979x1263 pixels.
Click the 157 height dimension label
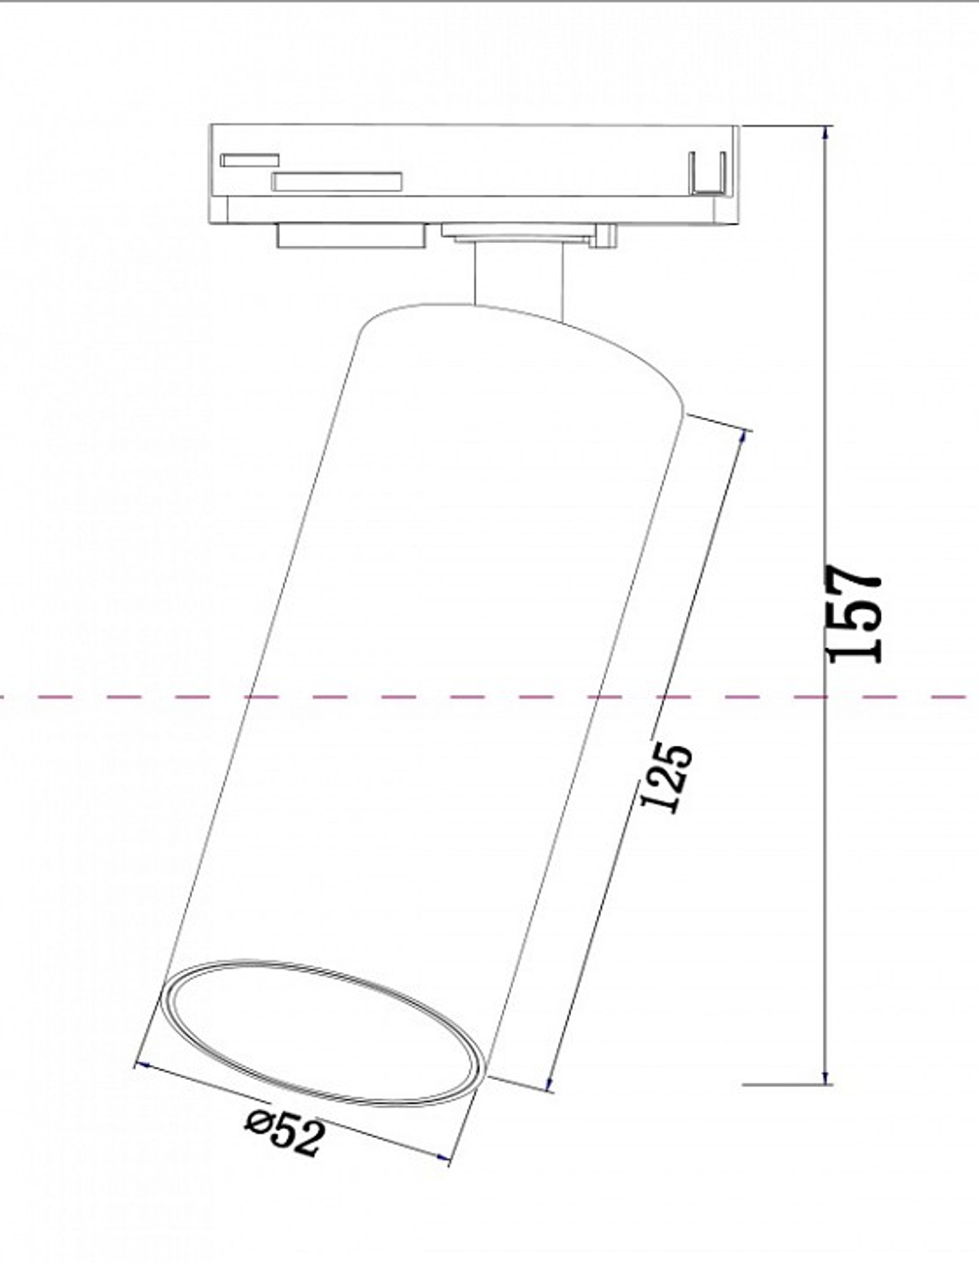(856, 613)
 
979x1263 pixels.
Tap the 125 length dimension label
(666, 776)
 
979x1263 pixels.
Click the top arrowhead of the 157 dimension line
(827, 135)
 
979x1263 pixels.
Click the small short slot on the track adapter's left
(250, 159)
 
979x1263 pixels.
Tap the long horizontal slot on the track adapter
(337, 181)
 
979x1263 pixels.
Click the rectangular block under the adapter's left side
(350, 235)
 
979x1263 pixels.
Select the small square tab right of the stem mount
(608, 234)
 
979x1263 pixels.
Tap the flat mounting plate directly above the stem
(518, 232)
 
